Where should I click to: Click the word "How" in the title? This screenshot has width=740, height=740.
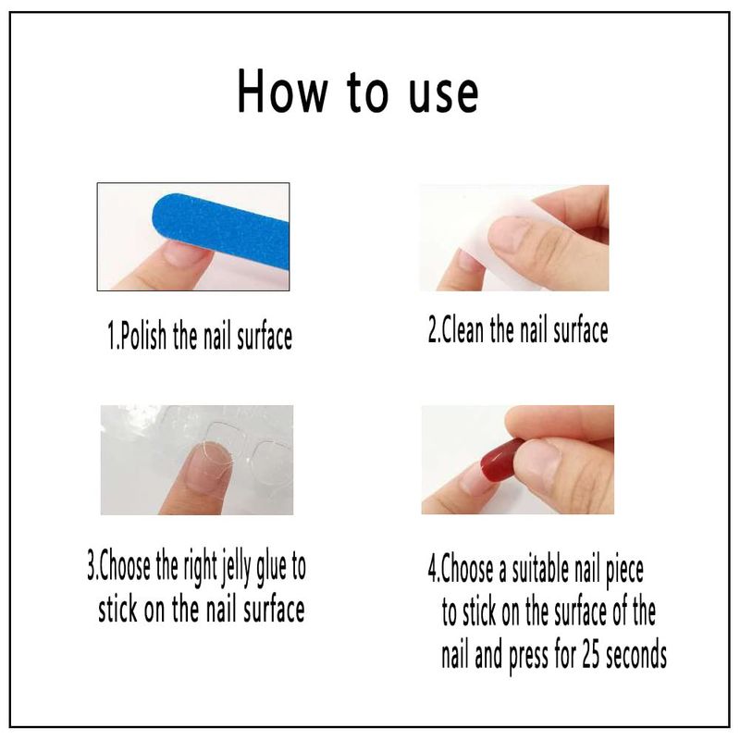(x=282, y=91)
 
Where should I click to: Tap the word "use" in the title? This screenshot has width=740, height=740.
(x=443, y=94)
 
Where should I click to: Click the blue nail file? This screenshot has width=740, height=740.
(x=221, y=228)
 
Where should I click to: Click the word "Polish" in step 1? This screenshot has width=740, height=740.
(x=143, y=336)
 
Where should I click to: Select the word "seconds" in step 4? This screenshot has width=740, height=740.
(x=635, y=655)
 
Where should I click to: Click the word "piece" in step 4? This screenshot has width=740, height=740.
(x=624, y=572)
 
